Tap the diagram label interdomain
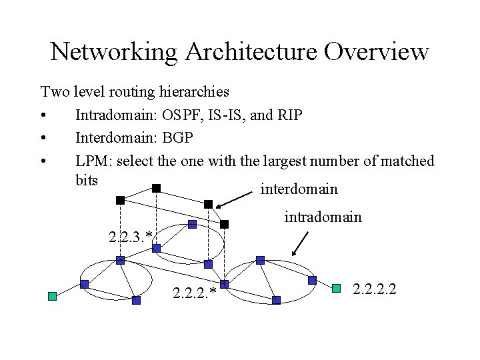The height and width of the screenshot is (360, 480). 299,189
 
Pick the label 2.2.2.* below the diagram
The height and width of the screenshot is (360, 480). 195,293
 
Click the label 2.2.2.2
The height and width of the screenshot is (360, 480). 377,289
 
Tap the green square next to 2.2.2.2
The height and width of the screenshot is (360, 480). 337,288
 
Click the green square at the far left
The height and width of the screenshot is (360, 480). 52,296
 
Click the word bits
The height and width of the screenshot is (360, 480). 87,180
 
